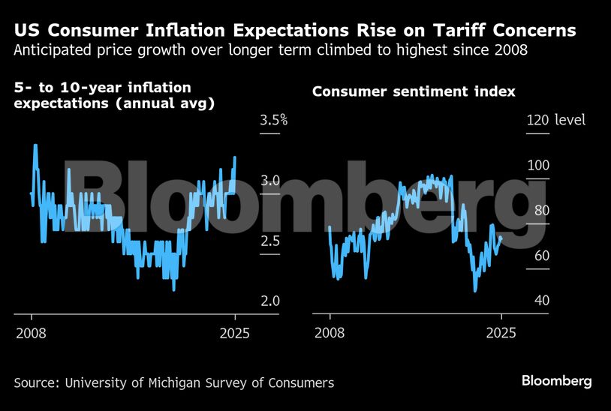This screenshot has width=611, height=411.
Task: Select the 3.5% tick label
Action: click(x=274, y=120)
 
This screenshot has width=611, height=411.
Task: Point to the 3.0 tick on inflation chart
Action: click(x=270, y=181)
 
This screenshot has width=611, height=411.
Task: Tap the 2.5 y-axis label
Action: click(x=270, y=241)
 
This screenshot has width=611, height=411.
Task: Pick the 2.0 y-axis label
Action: click(x=270, y=301)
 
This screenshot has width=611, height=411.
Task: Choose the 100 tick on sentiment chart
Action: click(x=537, y=166)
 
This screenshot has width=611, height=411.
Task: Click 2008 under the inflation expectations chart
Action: click(x=30, y=333)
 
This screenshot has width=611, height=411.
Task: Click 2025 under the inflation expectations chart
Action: click(x=235, y=333)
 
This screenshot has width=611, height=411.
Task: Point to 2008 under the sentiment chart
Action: click(x=329, y=333)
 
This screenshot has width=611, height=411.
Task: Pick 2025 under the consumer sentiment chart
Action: click(x=501, y=333)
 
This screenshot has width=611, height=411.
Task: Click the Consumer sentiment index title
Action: click(x=414, y=91)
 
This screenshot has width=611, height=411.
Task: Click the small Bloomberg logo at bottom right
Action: click(x=556, y=381)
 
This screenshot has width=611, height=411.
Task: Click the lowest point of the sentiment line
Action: click(x=475, y=291)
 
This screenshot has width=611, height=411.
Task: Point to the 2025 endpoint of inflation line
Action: click(x=235, y=157)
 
